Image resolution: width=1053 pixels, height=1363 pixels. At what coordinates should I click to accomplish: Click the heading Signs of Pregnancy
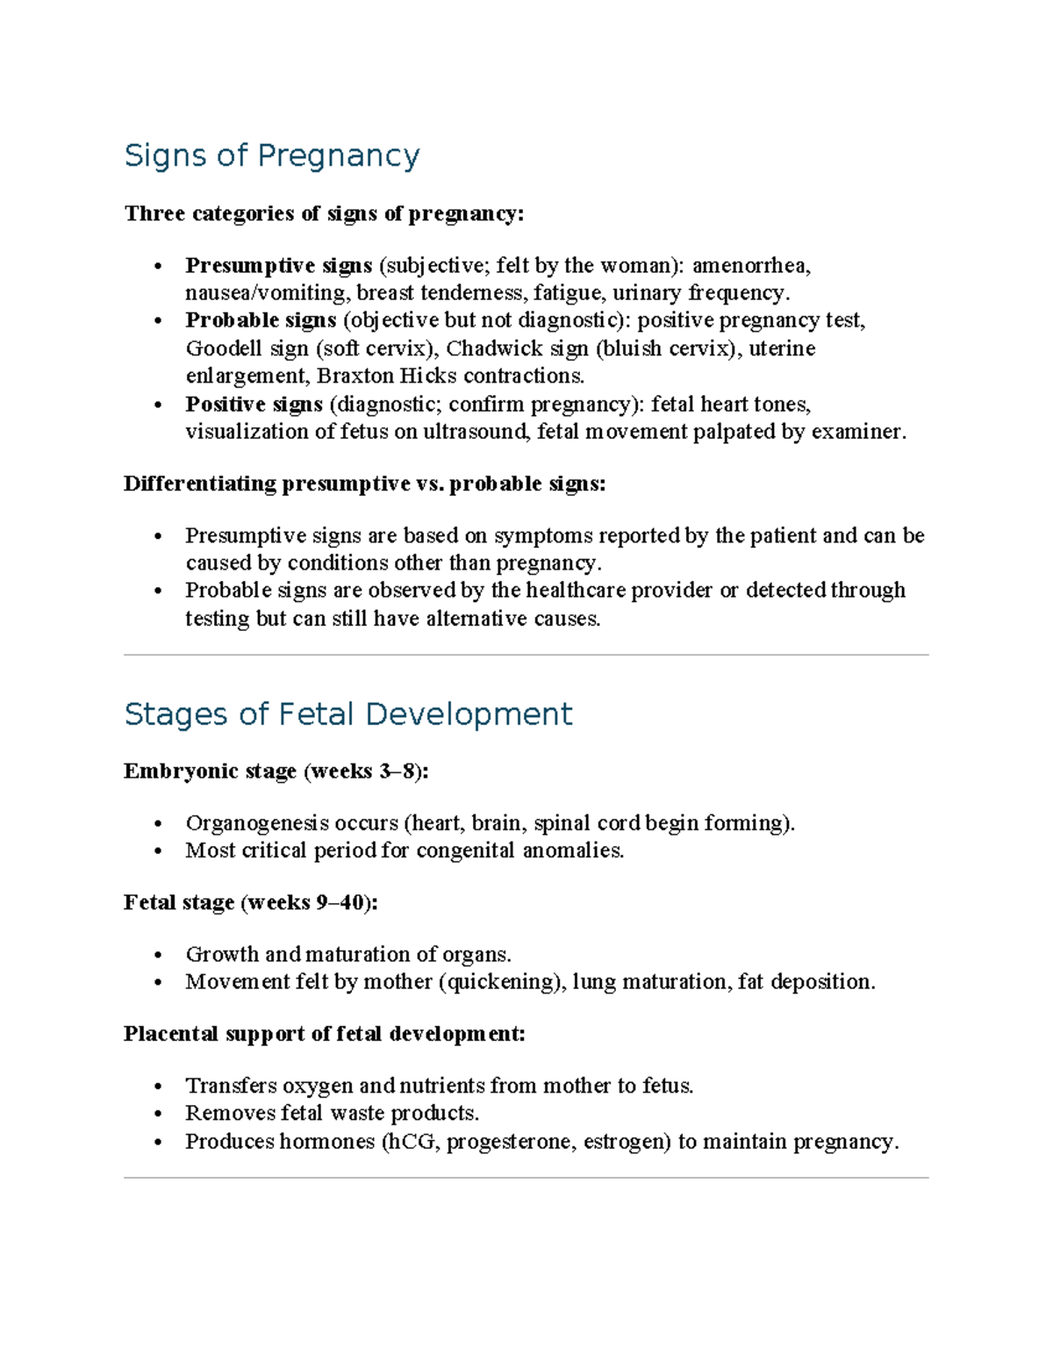point(272,155)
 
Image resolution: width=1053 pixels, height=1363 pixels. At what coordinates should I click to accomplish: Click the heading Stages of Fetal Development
point(348,714)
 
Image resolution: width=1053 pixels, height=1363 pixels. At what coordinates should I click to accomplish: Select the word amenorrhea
point(751,265)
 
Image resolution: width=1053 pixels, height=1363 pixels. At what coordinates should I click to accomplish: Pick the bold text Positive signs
point(254,404)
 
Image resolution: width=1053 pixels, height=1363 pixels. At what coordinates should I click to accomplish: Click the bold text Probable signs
point(261,320)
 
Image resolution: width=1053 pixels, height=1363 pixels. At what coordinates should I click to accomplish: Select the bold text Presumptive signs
point(278,265)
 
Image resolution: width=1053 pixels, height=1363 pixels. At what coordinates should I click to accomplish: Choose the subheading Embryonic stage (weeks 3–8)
point(276,771)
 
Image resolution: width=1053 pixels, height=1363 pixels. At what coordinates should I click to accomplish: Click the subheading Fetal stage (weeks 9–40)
point(251,902)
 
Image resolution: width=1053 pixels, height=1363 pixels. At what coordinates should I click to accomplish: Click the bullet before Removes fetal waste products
point(158,1114)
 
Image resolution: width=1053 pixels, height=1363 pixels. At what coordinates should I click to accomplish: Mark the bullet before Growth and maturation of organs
point(158,955)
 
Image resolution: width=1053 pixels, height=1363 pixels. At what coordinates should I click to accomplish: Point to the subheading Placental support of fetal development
point(325,1034)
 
